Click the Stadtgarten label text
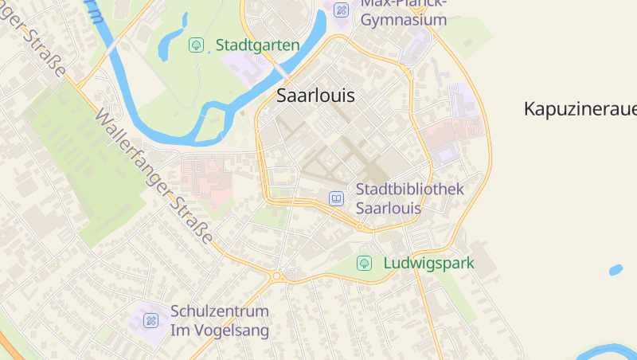(257, 45)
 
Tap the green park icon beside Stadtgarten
(196, 45)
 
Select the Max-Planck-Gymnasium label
(404, 11)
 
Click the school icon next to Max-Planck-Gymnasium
(342, 10)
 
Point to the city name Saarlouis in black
(315, 96)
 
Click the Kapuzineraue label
(580, 109)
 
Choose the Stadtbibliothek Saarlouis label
(409, 198)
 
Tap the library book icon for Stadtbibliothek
(337, 198)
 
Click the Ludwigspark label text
(428, 263)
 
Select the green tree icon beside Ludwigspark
(365, 263)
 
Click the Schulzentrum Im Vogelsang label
(220, 320)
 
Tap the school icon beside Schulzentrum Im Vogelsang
(150, 321)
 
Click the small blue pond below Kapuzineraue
(616, 270)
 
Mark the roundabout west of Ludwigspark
(277, 276)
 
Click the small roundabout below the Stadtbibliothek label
(360, 228)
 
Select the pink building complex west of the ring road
(206, 175)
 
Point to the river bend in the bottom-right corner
(613, 351)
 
